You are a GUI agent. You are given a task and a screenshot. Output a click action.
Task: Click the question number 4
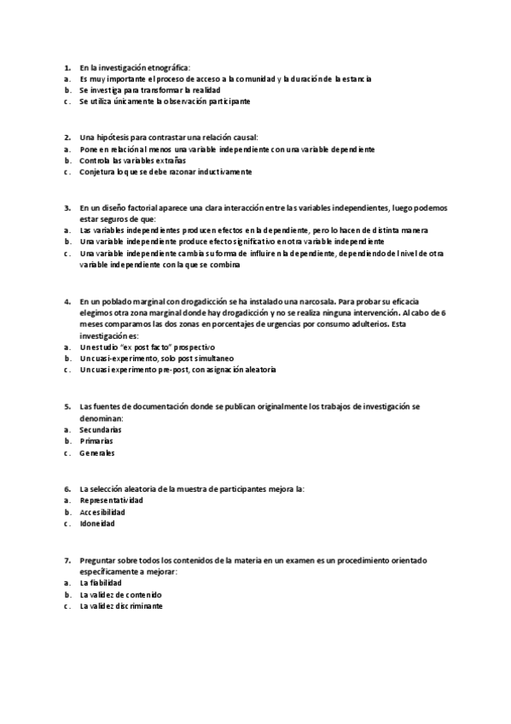click(x=67, y=301)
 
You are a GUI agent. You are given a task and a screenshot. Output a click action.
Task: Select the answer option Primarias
click(x=96, y=441)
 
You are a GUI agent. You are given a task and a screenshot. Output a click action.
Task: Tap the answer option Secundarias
click(x=100, y=429)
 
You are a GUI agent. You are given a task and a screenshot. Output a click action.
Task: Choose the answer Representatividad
click(x=111, y=500)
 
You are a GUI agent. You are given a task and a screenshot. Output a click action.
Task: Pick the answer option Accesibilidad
click(x=102, y=512)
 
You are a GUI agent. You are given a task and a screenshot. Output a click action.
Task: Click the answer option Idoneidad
click(x=96, y=524)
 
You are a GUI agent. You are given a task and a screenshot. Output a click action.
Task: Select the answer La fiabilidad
click(x=100, y=582)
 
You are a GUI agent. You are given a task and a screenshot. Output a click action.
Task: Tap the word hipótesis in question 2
click(x=115, y=137)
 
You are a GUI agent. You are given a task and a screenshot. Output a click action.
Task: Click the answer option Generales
click(x=96, y=453)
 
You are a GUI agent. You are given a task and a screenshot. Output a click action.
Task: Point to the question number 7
click(x=67, y=559)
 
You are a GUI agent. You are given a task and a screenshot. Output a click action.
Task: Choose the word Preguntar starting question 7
click(x=98, y=559)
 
